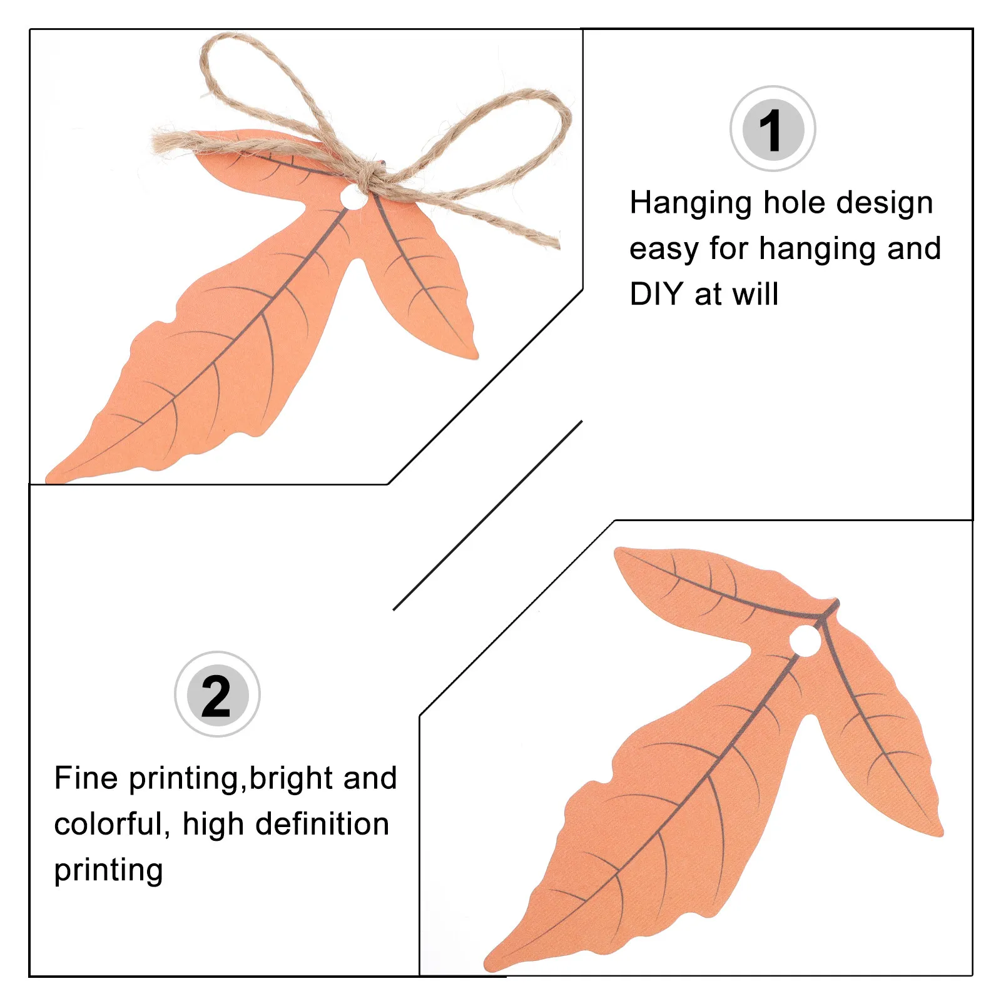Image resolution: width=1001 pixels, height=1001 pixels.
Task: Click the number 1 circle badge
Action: point(773,129)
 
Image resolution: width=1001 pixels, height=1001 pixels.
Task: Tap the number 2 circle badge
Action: point(217,694)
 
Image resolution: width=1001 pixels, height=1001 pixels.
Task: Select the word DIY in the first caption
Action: point(656,294)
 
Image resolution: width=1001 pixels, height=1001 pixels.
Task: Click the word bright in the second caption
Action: point(290,778)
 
